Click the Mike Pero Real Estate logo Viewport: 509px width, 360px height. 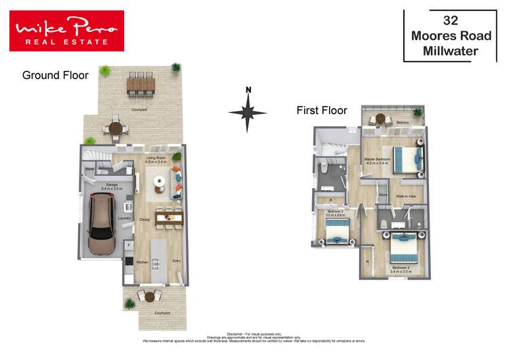pyautogui.click(x=67, y=31)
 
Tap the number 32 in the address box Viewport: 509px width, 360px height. pyautogui.click(x=450, y=20)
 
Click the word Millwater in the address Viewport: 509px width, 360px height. pyautogui.click(x=450, y=51)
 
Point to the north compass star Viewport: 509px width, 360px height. pyautogui.click(x=248, y=112)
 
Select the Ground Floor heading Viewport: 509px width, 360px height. pyautogui.click(x=55, y=75)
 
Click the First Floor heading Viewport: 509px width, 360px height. pyautogui.click(x=322, y=110)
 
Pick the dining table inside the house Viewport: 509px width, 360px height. pyautogui.click(x=169, y=217)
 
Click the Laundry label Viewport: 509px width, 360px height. pyautogui.click(x=124, y=218)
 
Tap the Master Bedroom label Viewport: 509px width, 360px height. pyautogui.click(x=376, y=158)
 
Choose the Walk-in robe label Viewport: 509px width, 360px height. pyautogui.click(x=406, y=196)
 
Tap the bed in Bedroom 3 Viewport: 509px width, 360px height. pyautogui.click(x=337, y=232)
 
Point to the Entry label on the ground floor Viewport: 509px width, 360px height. pyautogui.click(x=176, y=261)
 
